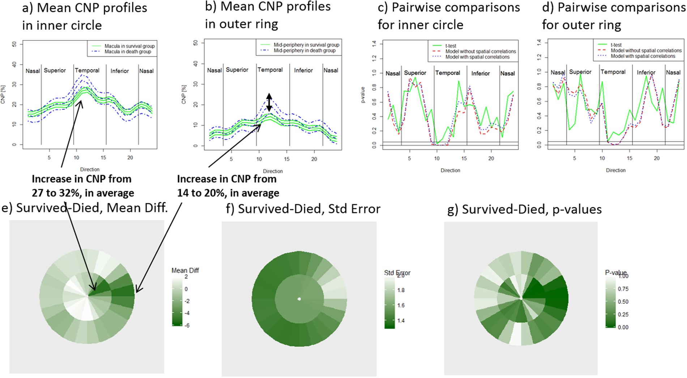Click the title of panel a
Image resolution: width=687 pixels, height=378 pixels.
point(85,17)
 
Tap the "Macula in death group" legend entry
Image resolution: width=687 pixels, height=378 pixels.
point(128,52)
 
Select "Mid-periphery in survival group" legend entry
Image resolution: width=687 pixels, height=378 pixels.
point(306,45)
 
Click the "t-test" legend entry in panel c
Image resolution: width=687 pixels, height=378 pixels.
point(451,46)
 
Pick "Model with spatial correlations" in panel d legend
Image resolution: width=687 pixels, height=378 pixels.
point(643,56)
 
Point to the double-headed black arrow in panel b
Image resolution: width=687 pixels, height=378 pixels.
point(269,102)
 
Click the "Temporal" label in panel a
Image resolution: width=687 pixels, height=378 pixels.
point(87,71)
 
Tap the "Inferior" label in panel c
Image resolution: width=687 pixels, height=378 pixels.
point(480,73)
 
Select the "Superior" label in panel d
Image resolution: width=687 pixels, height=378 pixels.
point(580,72)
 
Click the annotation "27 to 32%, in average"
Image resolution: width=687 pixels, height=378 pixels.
point(83,193)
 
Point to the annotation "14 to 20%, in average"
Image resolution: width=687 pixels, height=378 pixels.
point(228,193)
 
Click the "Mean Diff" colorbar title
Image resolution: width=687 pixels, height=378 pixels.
point(185,271)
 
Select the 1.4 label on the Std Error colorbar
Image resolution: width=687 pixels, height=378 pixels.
point(401,320)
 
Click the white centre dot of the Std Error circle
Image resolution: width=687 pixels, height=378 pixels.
point(299,299)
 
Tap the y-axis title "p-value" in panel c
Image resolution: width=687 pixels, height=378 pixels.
point(363,95)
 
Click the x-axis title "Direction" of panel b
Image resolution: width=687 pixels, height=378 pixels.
point(273,171)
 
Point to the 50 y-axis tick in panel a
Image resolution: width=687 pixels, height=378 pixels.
point(14,44)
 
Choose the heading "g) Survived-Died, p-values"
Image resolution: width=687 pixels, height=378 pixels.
point(524,209)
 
